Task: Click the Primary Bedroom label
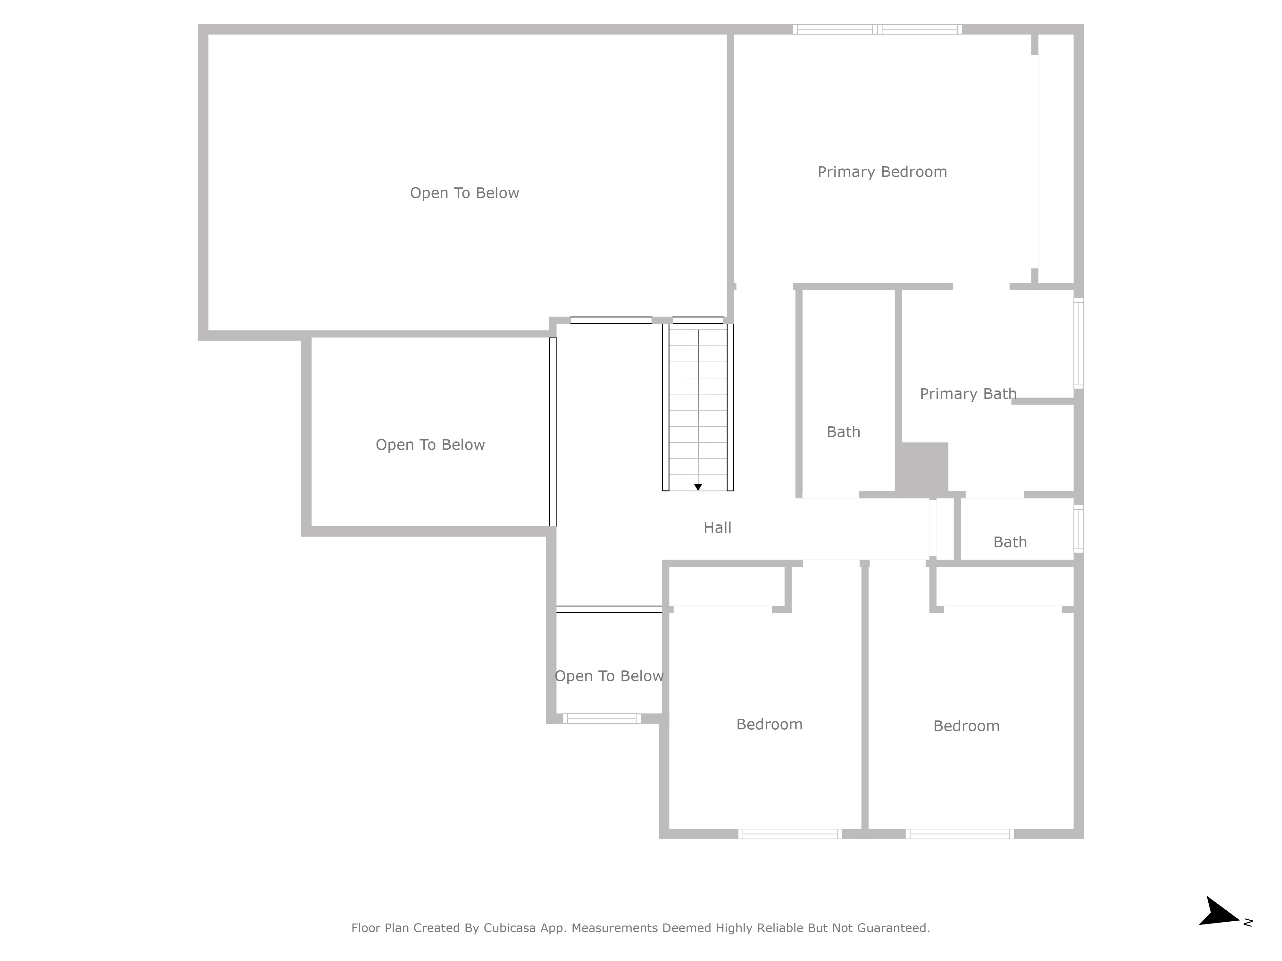tap(882, 172)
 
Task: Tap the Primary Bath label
tap(968, 394)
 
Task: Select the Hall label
tap(718, 528)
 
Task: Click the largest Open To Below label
tap(464, 193)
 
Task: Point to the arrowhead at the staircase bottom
tap(698, 487)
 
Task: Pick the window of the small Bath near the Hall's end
tap(1078, 528)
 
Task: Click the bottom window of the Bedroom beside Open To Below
tap(790, 834)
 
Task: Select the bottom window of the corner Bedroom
tap(960, 834)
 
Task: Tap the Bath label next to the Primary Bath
tap(843, 432)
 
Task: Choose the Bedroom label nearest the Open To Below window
tap(769, 725)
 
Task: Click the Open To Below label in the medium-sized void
tap(430, 445)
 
